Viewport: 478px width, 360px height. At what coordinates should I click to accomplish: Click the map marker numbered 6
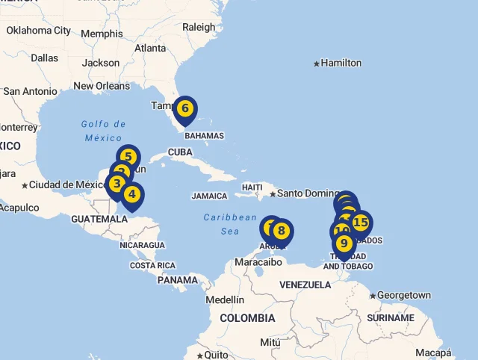tap(184, 109)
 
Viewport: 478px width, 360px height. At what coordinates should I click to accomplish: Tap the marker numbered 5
tap(128, 157)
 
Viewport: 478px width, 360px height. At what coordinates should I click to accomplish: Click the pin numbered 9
tap(344, 243)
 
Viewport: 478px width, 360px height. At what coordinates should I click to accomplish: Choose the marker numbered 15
tap(361, 223)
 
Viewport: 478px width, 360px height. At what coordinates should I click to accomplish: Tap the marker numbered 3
tap(117, 183)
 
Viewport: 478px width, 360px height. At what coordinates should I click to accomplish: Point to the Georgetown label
tap(403, 296)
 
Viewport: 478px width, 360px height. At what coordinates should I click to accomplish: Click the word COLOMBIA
tap(247, 317)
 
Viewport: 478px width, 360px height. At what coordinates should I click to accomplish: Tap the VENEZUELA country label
tap(305, 285)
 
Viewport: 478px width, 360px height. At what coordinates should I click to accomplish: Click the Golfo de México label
tap(103, 131)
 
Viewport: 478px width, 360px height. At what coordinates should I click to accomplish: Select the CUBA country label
tap(180, 152)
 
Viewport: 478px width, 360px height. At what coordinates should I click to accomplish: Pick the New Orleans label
tap(102, 86)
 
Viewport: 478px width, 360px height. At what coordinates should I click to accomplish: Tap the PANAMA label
tap(178, 280)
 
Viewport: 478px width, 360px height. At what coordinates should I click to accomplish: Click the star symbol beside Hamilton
tap(317, 63)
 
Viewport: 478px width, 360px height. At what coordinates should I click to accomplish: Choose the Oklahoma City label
tap(39, 31)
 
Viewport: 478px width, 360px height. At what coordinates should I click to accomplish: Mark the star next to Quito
tap(199, 356)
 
